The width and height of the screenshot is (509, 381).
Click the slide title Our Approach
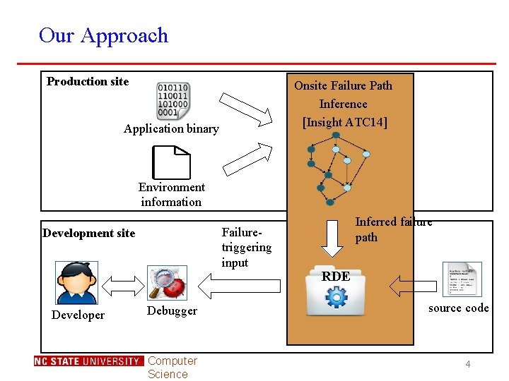(103, 35)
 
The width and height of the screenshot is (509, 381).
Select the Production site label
(88, 81)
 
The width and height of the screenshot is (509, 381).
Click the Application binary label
(171, 128)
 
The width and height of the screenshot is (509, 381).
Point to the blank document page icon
(172, 162)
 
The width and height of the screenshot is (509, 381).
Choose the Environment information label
(171, 194)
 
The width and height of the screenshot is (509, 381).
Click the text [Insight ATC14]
(344, 122)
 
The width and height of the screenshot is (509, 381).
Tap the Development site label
(88, 233)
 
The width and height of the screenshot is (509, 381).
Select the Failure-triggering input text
(246, 247)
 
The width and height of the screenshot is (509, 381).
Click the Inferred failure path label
(392, 229)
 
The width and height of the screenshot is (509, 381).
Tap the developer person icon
(76, 282)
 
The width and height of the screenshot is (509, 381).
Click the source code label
(458, 308)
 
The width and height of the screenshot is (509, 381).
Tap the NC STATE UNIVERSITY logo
(88, 361)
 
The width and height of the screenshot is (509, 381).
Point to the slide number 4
(467, 364)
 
